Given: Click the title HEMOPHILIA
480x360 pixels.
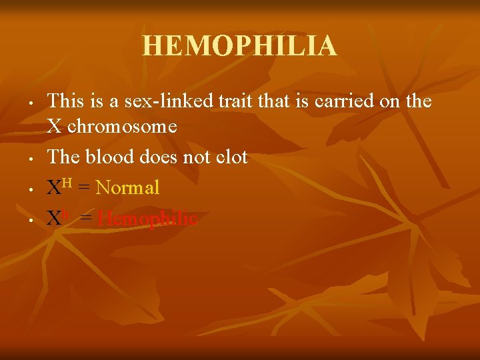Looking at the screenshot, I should pos(239,46).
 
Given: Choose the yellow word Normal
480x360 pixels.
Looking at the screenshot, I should pos(127,188).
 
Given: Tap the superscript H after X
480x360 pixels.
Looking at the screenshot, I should pos(67,182).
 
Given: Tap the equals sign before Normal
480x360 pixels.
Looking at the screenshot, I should pos(84,189).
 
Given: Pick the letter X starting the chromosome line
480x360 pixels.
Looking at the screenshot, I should pos(54,126).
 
